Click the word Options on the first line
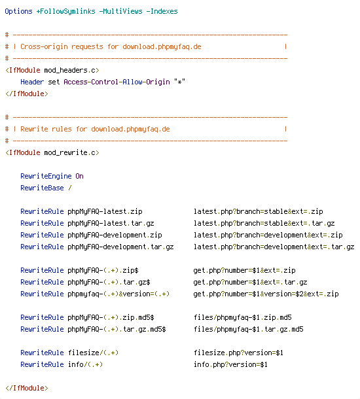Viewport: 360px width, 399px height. [x=18, y=12]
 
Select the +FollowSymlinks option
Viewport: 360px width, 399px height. [x=65, y=12]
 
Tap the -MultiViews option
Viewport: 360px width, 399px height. [x=120, y=12]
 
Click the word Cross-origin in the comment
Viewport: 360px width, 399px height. [x=44, y=47]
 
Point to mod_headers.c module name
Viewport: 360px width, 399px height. [x=71, y=70]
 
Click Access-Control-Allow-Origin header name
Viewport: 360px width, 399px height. [x=117, y=82]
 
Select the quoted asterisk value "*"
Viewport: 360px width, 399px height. [x=180, y=82]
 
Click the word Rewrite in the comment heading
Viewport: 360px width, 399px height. [x=34, y=129]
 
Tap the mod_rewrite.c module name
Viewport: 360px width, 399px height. [x=71, y=152]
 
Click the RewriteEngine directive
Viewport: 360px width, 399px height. [x=46, y=176]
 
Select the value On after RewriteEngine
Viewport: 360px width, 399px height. [x=79, y=176]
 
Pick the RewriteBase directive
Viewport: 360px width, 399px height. [x=42, y=188]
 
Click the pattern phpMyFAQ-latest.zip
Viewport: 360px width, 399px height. [x=105, y=211]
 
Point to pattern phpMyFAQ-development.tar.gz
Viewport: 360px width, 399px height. [x=120, y=247]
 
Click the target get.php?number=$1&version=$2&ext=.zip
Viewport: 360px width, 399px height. [x=266, y=294]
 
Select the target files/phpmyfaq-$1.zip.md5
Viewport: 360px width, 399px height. [x=242, y=317]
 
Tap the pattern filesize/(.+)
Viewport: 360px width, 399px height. [x=93, y=353]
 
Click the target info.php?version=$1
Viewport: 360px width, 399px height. [x=230, y=364]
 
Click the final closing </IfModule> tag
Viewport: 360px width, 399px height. [x=26, y=388]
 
